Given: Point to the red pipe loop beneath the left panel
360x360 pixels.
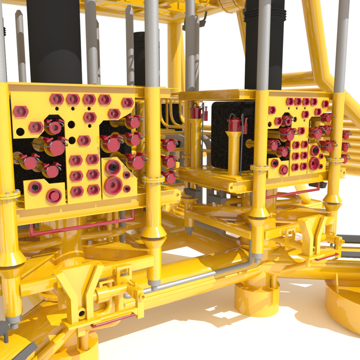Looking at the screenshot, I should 81,225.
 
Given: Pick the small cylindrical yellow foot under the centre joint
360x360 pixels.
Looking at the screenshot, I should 256,295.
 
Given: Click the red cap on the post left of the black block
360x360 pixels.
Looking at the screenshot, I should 196,112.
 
